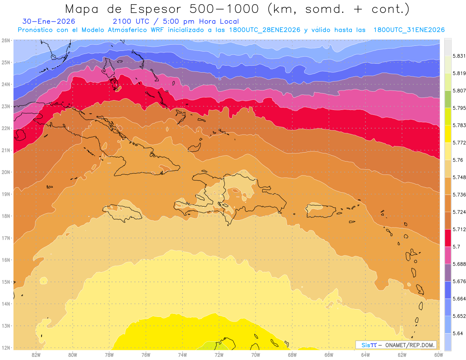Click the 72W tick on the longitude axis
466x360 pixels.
219,355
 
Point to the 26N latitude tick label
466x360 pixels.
6,40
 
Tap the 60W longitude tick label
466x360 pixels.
439,355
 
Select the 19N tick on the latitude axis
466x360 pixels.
6,194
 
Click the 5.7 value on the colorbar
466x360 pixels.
456,247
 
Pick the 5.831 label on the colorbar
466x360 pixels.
458,56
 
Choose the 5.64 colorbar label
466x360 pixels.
457,333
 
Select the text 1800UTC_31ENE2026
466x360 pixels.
409,30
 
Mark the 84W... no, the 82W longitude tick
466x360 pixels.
36,355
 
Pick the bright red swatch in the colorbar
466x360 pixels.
448,237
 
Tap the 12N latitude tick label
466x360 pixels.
6,348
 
